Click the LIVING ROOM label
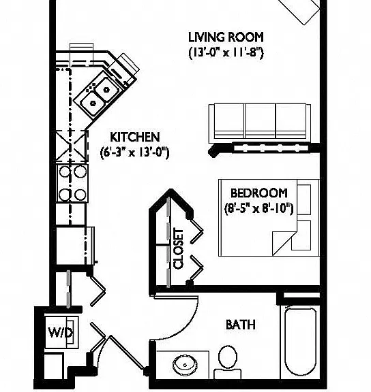(x=226, y=37)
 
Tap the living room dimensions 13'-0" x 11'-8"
(x=226, y=53)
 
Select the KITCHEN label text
(x=135, y=137)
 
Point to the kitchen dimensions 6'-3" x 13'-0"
(x=135, y=152)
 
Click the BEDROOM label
(x=258, y=193)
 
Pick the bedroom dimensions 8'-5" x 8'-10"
(x=258, y=208)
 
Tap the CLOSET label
(x=179, y=249)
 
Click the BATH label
(x=241, y=325)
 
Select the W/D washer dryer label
(x=61, y=333)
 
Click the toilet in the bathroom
(x=228, y=362)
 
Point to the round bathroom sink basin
(x=185, y=365)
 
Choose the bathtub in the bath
(x=300, y=342)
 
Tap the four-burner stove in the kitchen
(x=72, y=183)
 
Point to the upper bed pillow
(x=304, y=199)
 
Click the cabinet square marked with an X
(x=72, y=146)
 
